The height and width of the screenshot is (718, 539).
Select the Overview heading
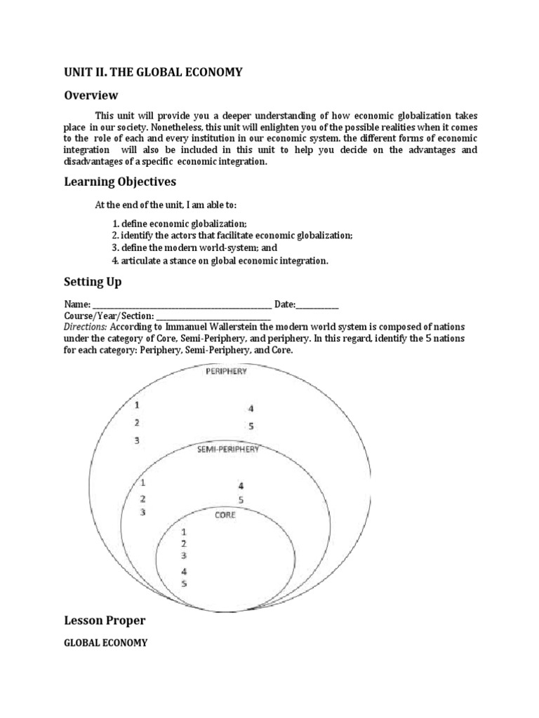[91, 95]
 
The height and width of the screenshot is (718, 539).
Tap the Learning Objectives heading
[121, 182]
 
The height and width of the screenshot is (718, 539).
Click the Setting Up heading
[93, 282]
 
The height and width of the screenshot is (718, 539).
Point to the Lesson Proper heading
[105, 621]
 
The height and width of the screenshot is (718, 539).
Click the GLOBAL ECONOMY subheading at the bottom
[106, 642]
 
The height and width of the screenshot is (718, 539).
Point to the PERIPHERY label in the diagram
[225, 372]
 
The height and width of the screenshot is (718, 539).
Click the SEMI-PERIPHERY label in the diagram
[228, 449]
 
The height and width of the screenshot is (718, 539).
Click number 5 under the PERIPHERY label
[251, 426]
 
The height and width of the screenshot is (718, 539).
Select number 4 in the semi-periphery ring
[240, 485]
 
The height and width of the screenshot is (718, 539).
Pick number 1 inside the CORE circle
[184, 532]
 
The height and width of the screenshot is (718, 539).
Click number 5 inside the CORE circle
[184, 583]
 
